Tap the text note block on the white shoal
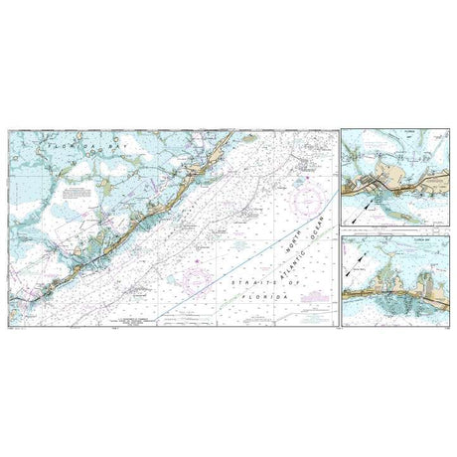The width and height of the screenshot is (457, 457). (72, 195)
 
